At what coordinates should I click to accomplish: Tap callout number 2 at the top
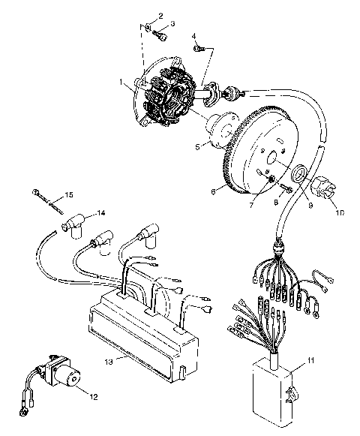[160, 16]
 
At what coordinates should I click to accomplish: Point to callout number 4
[193, 36]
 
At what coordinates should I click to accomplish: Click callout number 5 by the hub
[197, 148]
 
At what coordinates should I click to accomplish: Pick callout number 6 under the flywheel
[214, 192]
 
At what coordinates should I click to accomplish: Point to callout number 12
[93, 395]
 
